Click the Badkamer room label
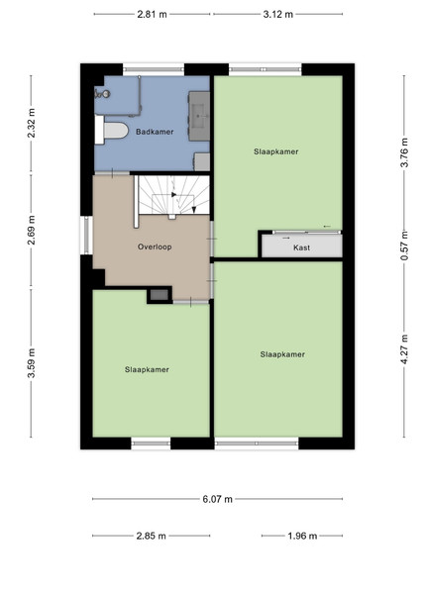pos(155,132)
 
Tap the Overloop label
pos(155,247)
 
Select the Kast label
pos(302,247)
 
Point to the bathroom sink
pos(199,116)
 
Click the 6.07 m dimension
pos(217,499)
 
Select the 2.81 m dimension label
pos(152,15)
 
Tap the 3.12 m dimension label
pos(278,15)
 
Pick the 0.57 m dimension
pos(404,246)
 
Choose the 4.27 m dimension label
pos(404,349)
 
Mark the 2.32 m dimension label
pos(32,123)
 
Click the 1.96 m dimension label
pos(302,536)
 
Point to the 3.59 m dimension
pos(32,363)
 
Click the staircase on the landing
pos(173,195)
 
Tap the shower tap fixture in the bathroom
pos(102,93)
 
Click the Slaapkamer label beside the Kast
pos(276,151)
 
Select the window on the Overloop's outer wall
pos(87,236)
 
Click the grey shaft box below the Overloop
pos(160,294)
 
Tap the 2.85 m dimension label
pos(152,536)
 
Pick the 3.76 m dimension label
pos(404,152)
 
